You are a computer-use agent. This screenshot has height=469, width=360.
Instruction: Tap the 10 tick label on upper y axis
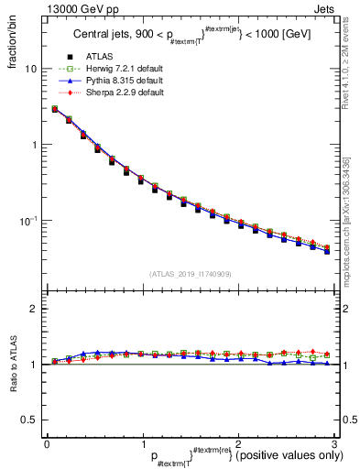pyautogui.click(x=29, y=69)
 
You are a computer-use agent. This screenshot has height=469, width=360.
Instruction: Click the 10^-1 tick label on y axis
pyautogui.click(x=27, y=221)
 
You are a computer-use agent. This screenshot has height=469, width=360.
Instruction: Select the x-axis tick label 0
pyautogui.click(x=47, y=443)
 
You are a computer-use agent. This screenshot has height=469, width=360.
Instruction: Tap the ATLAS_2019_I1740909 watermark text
pyautogui.click(x=190, y=274)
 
